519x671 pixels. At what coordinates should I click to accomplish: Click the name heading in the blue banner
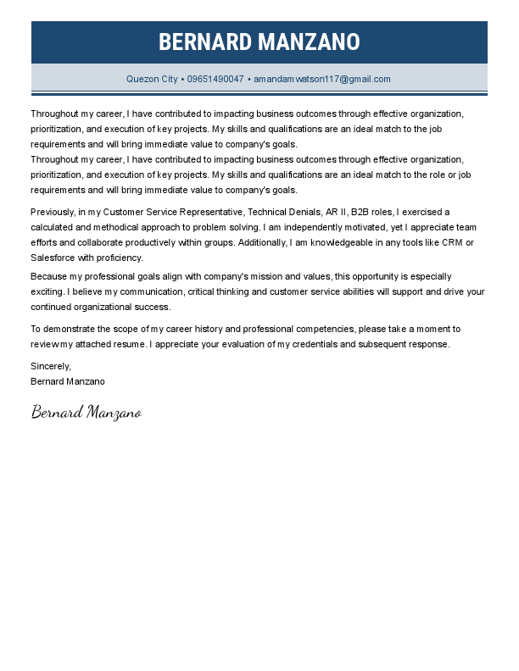click(259, 42)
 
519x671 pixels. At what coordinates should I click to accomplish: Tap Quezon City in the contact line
click(152, 79)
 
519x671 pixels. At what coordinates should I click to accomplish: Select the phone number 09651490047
click(215, 79)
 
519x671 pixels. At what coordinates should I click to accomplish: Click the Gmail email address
click(322, 79)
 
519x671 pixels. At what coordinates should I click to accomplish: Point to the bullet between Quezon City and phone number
click(182, 79)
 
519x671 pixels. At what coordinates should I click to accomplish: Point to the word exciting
click(49, 292)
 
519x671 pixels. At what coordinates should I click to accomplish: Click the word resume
click(131, 345)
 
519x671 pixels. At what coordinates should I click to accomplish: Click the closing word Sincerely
click(51, 366)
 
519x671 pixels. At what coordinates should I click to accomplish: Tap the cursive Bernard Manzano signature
click(86, 413)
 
